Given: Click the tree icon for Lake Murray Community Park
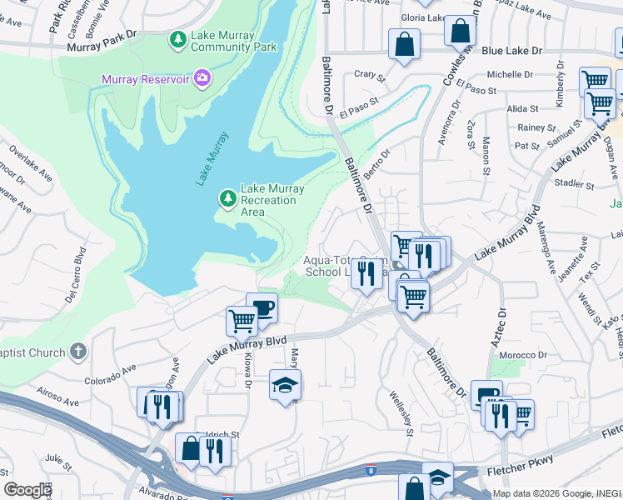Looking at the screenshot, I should (177, 39).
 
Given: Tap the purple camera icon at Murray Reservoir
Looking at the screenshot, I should (201, 79).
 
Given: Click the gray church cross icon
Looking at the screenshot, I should (78, 351).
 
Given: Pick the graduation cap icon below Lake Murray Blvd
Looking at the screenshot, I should (285, 385).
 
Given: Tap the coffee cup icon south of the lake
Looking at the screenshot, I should (262, 307).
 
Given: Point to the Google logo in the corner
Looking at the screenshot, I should (27, 489).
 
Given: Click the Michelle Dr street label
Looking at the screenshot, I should (510, 74).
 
